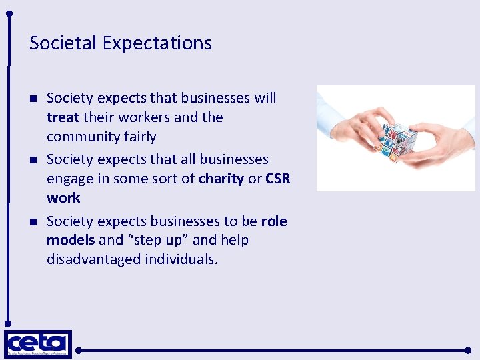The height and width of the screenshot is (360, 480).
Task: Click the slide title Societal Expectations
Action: pos(121,43)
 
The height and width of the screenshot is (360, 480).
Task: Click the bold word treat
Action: pos(63,117)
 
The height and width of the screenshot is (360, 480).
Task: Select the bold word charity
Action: pos(221,179)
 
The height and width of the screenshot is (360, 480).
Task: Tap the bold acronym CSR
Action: pos(278,179)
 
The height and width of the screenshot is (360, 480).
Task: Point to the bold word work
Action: pos(63,198)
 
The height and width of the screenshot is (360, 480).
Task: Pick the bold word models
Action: pos(71,240)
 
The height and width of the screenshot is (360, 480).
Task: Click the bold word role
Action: pos(274,221)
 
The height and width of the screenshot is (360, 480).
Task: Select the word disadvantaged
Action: pos(93,259)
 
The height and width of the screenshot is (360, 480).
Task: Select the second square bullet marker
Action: pos(33,161)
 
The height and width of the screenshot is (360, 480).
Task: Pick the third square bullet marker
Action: pos(33,222)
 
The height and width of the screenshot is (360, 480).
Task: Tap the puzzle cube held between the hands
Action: pos(399,139)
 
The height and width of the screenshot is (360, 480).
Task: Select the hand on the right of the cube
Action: pos(443,143)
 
